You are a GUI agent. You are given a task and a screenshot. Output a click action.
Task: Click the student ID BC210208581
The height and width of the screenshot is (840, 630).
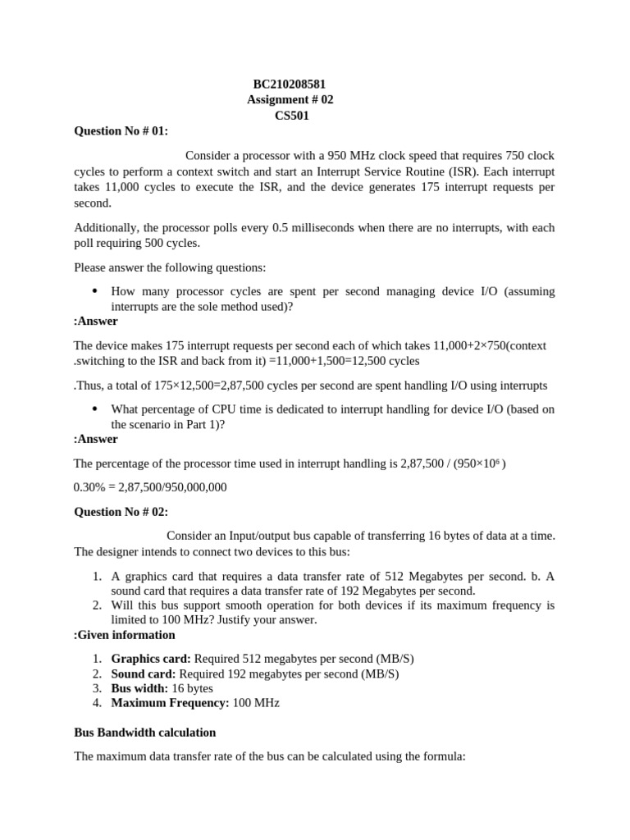tap(290, 84)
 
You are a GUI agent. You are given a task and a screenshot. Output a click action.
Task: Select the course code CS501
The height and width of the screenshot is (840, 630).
tap(291, 116)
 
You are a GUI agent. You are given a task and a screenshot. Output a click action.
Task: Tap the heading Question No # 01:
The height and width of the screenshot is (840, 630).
tap(121, 131)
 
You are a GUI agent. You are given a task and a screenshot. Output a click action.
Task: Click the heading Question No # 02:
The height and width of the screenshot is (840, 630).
tap(121, 512)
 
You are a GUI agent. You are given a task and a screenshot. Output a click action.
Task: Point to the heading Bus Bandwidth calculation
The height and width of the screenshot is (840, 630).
tap(145, 732)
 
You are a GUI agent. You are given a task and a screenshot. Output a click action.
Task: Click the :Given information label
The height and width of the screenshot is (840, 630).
tap(124, 635)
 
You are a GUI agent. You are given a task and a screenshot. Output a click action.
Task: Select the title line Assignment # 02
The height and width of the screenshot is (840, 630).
tap(290, 100)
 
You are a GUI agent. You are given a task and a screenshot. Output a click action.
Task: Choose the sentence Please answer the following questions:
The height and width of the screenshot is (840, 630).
tap(170, 267)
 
